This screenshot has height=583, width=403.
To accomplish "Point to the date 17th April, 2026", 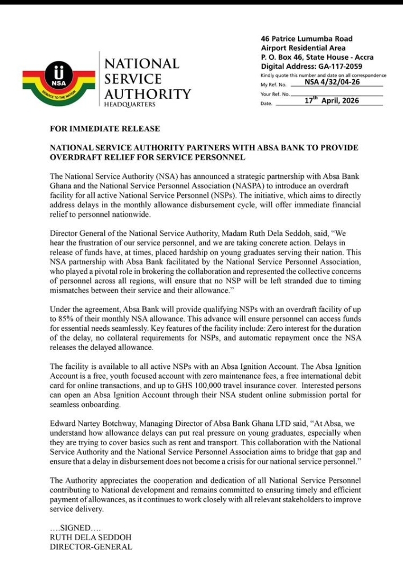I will pyautogui.click(x=331, y=101).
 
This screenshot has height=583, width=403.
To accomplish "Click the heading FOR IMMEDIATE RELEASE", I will pyautogui.click(x=105, y=129).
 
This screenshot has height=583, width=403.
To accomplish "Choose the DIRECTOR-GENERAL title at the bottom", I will pyautogui.click(x=91, y=547).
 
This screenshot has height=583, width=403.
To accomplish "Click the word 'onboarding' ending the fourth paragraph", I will pyautogui.click(x=100, y=405).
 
